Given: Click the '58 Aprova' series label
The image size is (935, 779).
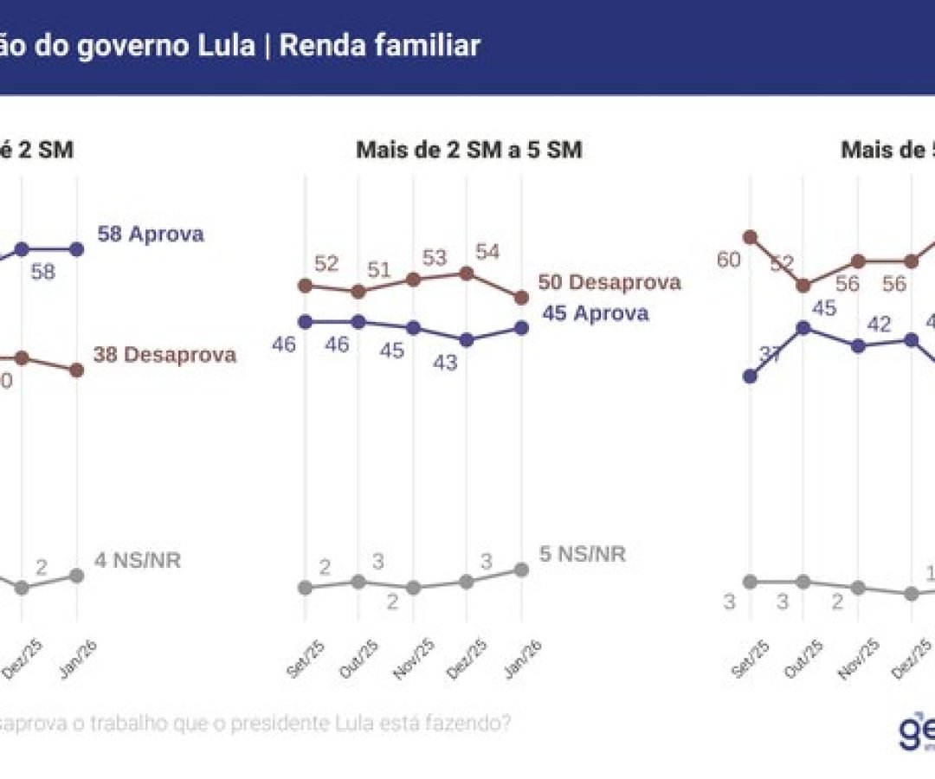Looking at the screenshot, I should (x=151, y=235).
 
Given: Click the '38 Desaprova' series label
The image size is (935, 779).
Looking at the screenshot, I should (x=164, y=355).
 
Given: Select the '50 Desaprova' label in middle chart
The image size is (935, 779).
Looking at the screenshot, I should (x=609, y=282).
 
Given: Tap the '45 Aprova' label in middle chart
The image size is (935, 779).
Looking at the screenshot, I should (x=596, y=313).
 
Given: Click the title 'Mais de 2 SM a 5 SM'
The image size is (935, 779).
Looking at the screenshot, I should (x=468, y=151).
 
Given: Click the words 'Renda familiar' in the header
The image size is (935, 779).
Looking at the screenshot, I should (x=379, y=46).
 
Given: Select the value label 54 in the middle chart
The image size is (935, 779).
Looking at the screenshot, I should (x=487, y=252).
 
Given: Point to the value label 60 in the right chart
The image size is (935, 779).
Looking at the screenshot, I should (x=728, y=260).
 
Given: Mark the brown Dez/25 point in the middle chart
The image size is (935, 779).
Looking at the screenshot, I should (x=467, y=274).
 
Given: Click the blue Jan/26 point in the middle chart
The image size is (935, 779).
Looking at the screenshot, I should (x=521, y=327).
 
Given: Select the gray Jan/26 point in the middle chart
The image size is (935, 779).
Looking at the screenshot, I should (x=521, y=570).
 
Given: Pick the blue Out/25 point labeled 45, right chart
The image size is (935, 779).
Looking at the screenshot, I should (x=803, y=328).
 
